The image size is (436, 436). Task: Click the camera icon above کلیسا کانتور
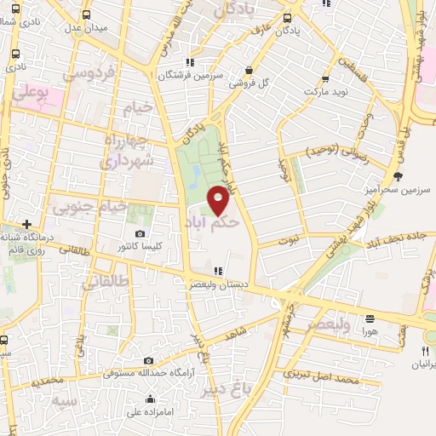pyautogui.click(x=140, y=233)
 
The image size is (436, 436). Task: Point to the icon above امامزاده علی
pyautogui.click(x=151, y=399)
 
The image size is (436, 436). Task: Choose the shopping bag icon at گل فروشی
pyautogui.click(x=248, y=71)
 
